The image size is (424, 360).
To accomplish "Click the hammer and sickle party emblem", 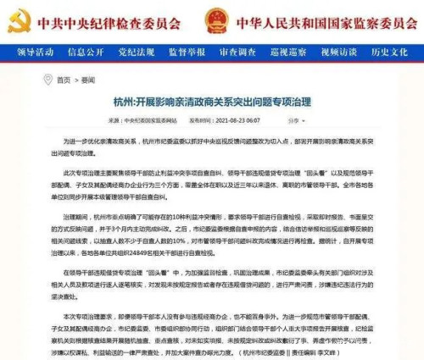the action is point(18,18).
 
